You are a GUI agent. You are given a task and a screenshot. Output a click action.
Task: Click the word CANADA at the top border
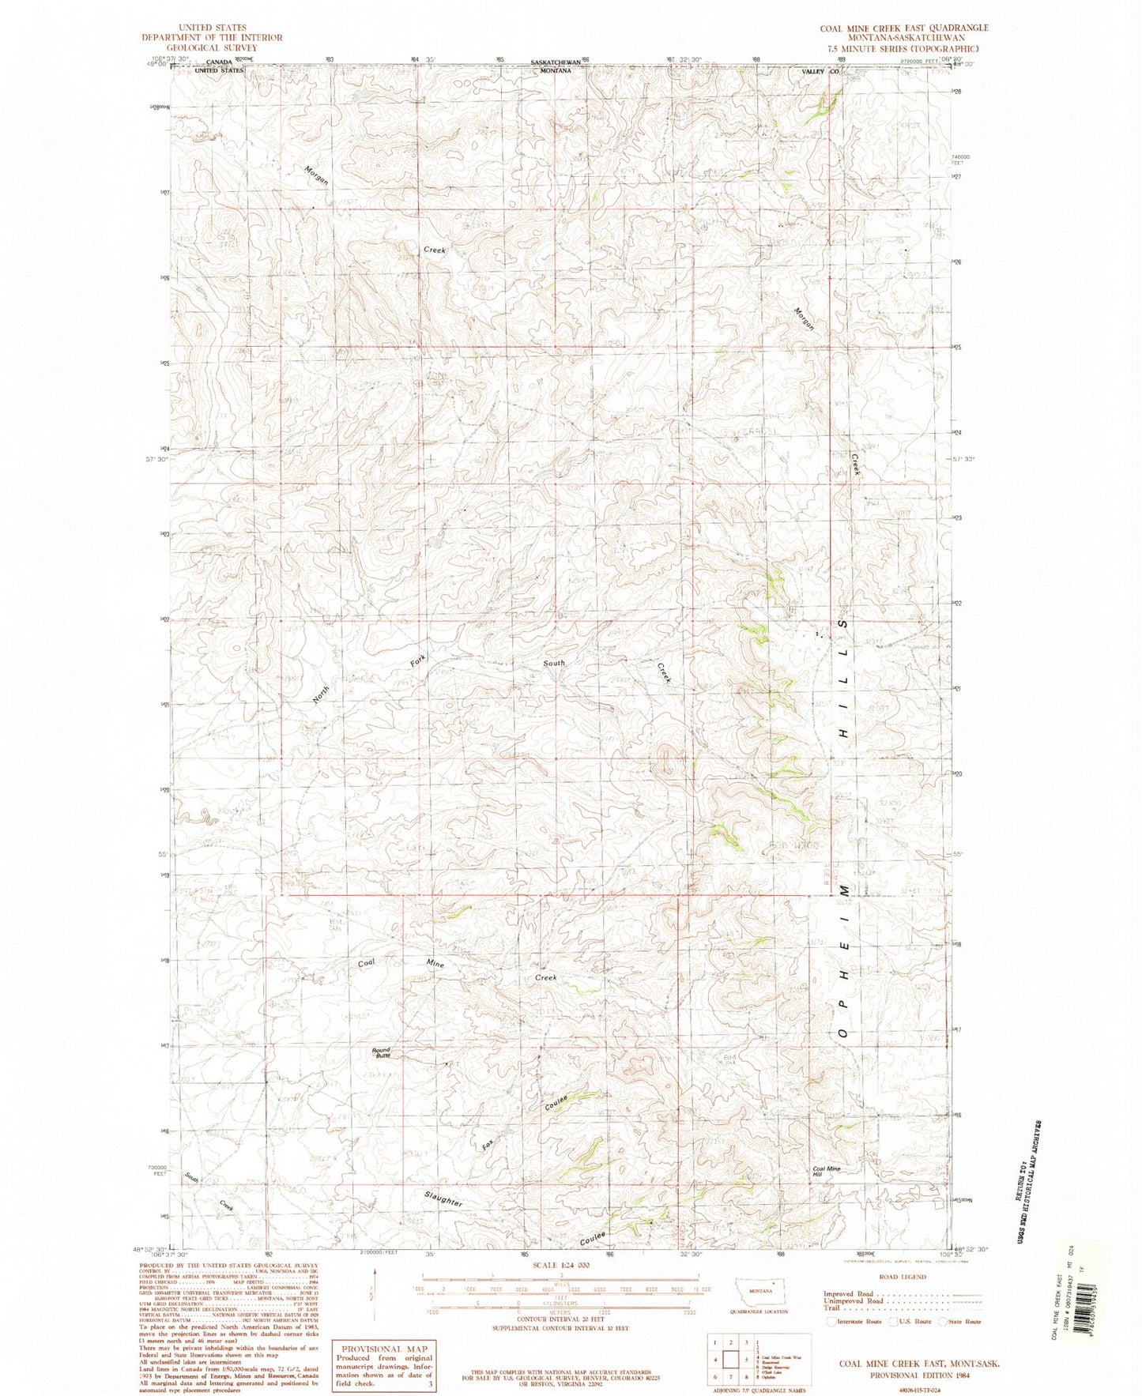point(219,62)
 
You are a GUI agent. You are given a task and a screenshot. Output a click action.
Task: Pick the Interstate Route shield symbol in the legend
point(831,1321)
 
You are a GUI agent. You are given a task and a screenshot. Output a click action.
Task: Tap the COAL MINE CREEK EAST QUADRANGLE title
point(903,28)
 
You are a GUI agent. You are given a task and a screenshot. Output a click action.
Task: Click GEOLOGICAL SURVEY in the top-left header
point(211,47)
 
